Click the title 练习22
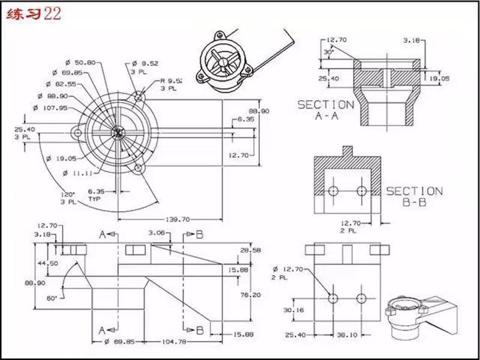pos(34,15)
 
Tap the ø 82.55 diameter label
pos(61,84)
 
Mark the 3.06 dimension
pos(156,232)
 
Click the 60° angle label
pos(52,298)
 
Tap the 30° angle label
pos(329,52)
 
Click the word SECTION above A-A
pos(326,104)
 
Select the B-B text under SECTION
pos(414,203)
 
